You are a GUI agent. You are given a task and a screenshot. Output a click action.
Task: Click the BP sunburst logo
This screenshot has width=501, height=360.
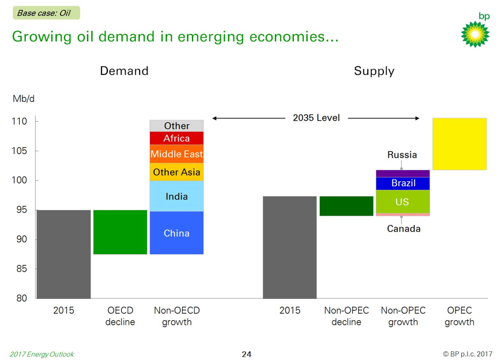coord(474,34)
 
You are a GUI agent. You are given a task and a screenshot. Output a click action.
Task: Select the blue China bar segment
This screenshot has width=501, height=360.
coord(176,233)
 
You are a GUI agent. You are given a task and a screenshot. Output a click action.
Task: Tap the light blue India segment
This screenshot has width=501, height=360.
coord(176,196)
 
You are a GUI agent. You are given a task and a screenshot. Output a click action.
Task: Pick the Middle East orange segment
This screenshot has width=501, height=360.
coord(176,154)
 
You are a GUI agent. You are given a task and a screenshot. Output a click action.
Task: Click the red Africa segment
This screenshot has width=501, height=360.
coord(176,138)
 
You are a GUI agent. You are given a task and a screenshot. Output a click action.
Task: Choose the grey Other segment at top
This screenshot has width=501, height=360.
coord(176,126)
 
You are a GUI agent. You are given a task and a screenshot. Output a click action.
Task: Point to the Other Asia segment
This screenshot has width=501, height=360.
coord(176,172)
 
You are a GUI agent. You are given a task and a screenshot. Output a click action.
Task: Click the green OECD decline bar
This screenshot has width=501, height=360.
coord(120,232)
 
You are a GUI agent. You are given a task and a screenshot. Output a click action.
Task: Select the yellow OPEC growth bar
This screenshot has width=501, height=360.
coord(459,144)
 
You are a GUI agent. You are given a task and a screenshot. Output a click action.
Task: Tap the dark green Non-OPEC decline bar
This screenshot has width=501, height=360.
coord(346,206)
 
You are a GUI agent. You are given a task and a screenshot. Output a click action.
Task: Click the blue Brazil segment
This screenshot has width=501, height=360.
coord(403,183)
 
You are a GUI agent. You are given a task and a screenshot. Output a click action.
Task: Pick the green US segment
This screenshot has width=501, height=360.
coord(403,202)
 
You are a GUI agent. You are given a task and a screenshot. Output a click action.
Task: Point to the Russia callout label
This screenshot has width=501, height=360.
coord(402,155)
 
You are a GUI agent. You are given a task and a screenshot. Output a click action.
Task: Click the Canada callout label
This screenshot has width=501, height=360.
coord(404,228)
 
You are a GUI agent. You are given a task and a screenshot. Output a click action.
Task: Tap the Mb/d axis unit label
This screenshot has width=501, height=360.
coord(24,99)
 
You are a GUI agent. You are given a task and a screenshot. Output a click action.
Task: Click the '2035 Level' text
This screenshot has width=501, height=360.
coord(316,118)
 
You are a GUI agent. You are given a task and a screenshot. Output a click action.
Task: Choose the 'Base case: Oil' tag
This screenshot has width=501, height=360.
coord(46,13)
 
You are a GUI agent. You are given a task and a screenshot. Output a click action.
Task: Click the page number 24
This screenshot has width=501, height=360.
coord(247,354)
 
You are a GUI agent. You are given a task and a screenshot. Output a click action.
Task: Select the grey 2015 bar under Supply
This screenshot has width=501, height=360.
coord(289,247)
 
